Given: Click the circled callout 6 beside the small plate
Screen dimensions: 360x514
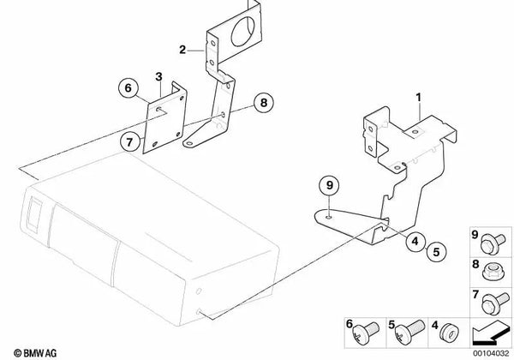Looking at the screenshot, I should [x=128, y=87].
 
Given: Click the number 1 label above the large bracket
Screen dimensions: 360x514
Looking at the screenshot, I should [x=419, y=100].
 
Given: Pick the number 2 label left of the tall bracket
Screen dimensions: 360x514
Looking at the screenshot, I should [x=182, y=51].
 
